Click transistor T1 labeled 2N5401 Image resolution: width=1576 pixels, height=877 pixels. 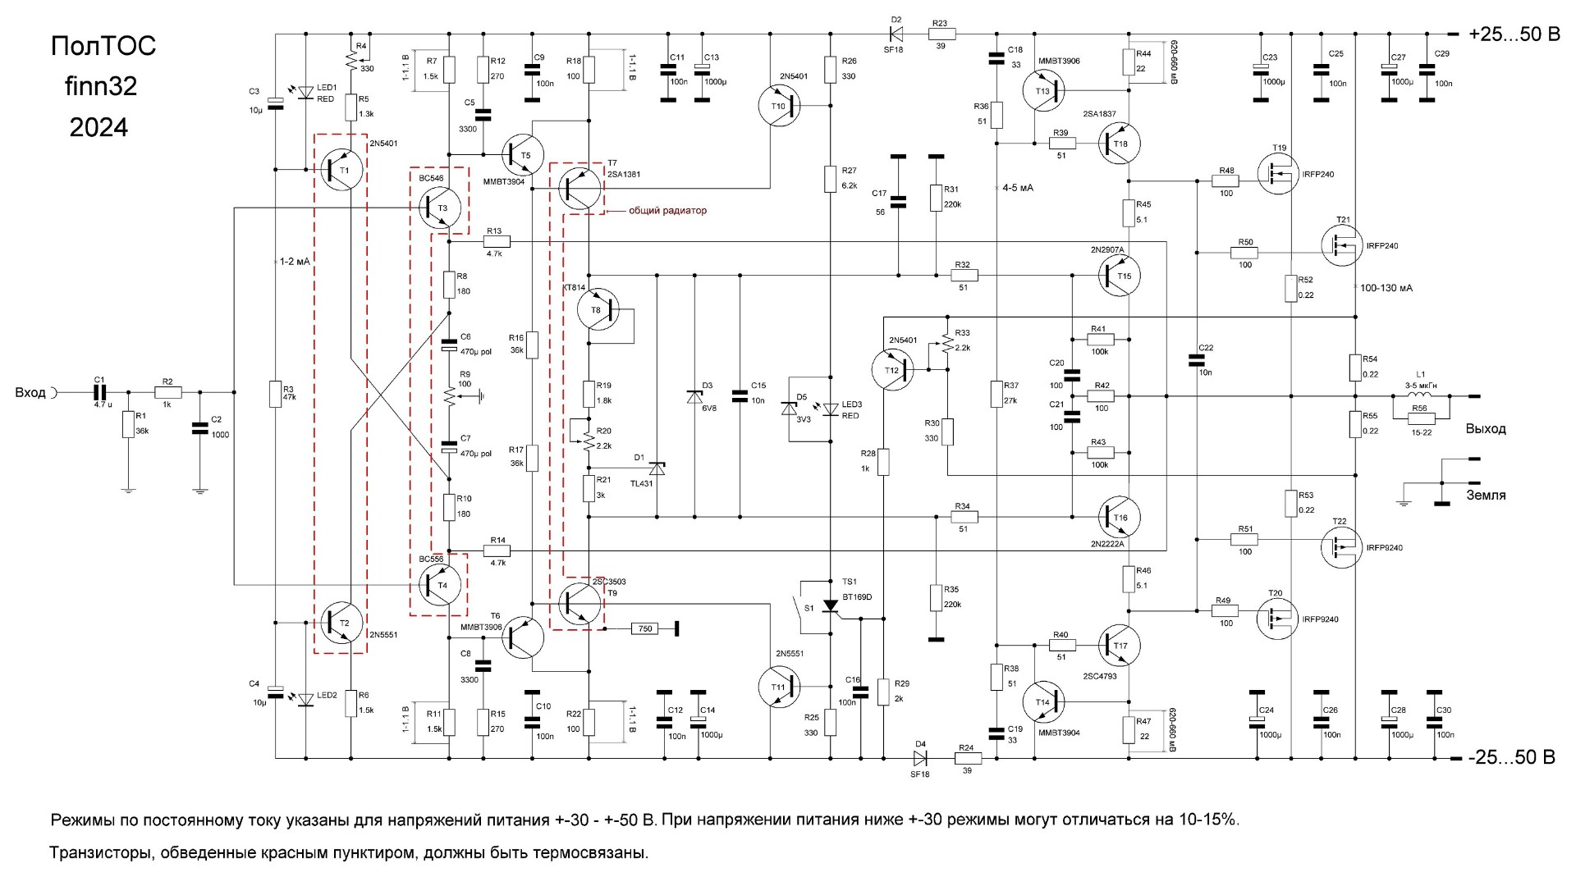coord(338,170)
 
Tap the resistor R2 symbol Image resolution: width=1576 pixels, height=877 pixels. coord(167,394)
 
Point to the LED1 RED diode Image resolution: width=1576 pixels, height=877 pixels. coord(306,92)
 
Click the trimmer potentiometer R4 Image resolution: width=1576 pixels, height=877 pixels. coord(351,61)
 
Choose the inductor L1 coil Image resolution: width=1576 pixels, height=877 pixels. coord(1421,396)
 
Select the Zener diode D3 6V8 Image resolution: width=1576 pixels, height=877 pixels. coord(694,396)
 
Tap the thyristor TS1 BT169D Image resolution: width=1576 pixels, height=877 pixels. coord(831,605)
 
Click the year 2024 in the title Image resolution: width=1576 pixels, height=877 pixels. coord(99,127)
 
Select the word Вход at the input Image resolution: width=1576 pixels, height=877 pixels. coord(30,393)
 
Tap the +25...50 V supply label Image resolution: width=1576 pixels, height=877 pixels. coord(1513,34)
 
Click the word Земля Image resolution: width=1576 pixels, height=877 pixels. coord(1486,495)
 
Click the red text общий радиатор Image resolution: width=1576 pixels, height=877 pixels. coord(667,211)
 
